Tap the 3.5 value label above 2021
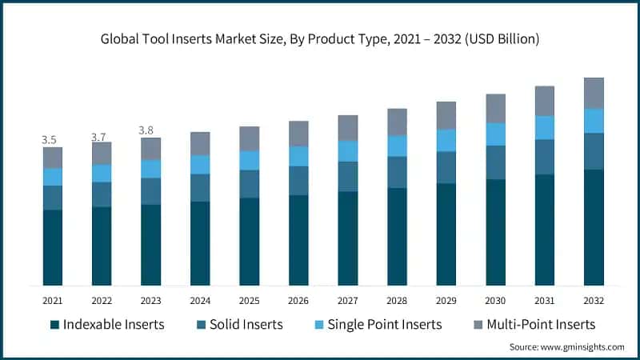coord(50,140)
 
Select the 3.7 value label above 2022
coord(98,137)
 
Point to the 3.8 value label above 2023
coord(148,130)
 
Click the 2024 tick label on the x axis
coord(200,301)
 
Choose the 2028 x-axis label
coord(397,301)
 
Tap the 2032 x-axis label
coord(594,301)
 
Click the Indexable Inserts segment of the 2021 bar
coord(53,247)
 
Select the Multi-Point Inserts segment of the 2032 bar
coord(594,93)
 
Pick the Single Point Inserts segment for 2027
coord(348,151)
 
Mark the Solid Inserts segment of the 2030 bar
coord(496,162)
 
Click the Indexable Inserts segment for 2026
coord(298,240)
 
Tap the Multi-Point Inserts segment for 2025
coord(250,138)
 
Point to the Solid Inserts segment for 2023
coord(151,191)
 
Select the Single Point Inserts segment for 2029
coord(446,140)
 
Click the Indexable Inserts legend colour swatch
coord(54,324)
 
